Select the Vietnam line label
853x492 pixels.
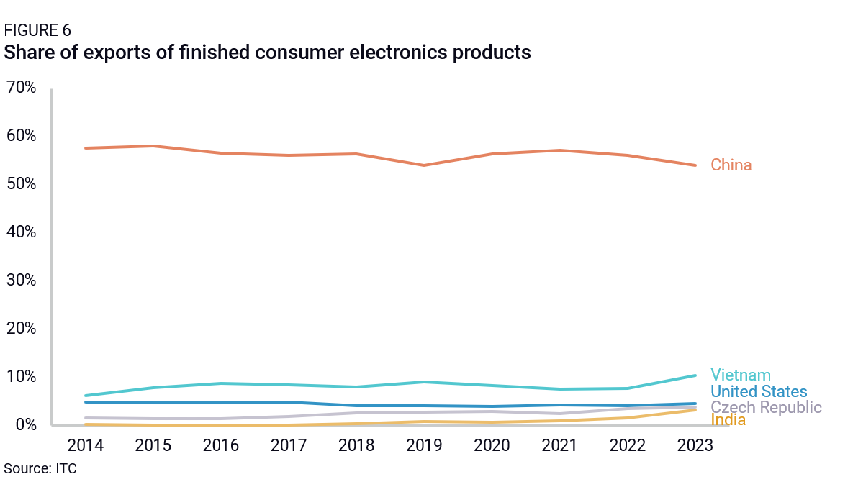pyautogui.click(x=741, y=375)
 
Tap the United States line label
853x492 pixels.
pyautogui.click(x=759, y=392)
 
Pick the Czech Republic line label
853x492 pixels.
pyautogui.click(x=766, y=408)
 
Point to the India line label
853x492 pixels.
pyautogui.click(x=728, y=420)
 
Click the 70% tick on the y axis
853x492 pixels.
pyautogui.click(x=20, y=88)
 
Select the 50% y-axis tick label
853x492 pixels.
pyautogui.click(x=20, y=184)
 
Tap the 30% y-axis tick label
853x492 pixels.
pyautogui.click(x=20, y=281)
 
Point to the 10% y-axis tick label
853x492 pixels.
pyautogui.click(x=20, y=377)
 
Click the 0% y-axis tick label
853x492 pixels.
pyautogui.click(x=24, y=425)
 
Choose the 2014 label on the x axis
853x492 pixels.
pyautogui.click(x=86, y=446)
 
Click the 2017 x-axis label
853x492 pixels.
pyautogui.click(x=289, y=446)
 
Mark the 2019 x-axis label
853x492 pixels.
pyautogui.click(x=424, y=446)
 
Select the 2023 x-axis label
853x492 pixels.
pyautogui.click(x=695, y=446)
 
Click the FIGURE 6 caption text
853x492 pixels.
pyautogui.click(x=37, y=30)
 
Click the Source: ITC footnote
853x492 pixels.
pyautogui.click(x=40, y=469)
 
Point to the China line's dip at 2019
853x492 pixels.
pyautogui.click(x=424, y=165)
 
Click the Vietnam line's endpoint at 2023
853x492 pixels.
pyautogui.click(x=695, y=375)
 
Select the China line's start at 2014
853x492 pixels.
pyautogui.click(x=86, y=148)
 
